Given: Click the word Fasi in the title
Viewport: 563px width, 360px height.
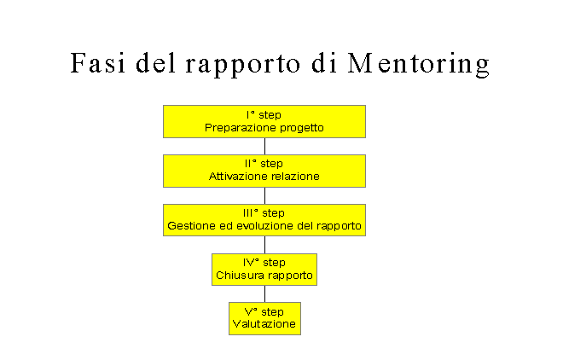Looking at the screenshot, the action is pos(97,63).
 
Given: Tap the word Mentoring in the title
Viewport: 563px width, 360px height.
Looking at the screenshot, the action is pos(419,65).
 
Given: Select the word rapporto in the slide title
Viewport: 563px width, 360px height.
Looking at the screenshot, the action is pos(243,65).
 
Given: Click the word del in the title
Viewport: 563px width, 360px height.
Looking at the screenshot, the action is pos(156,63).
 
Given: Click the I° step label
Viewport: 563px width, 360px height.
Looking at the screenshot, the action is pos(264,115).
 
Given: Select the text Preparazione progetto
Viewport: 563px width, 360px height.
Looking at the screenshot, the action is pos(264,128).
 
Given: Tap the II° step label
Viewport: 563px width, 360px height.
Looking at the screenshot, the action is pos(264,164).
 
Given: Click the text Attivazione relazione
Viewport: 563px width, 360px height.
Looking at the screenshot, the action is pos(264,177).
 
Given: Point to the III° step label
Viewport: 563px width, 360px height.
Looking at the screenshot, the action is pos(264,213).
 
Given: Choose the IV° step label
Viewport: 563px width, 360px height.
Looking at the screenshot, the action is pos(264,263).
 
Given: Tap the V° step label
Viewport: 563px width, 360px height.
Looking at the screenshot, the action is pos(264,312).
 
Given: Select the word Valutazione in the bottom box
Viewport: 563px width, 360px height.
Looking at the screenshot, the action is pos(264,324).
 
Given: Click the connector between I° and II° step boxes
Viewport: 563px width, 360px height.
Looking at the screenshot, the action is pos(265,147).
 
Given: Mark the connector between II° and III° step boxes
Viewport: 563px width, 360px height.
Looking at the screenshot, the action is pos(265,196).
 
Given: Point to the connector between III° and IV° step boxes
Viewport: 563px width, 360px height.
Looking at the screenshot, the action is pos(265,245).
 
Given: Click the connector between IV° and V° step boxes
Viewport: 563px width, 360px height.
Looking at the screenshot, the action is pos(265,294).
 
